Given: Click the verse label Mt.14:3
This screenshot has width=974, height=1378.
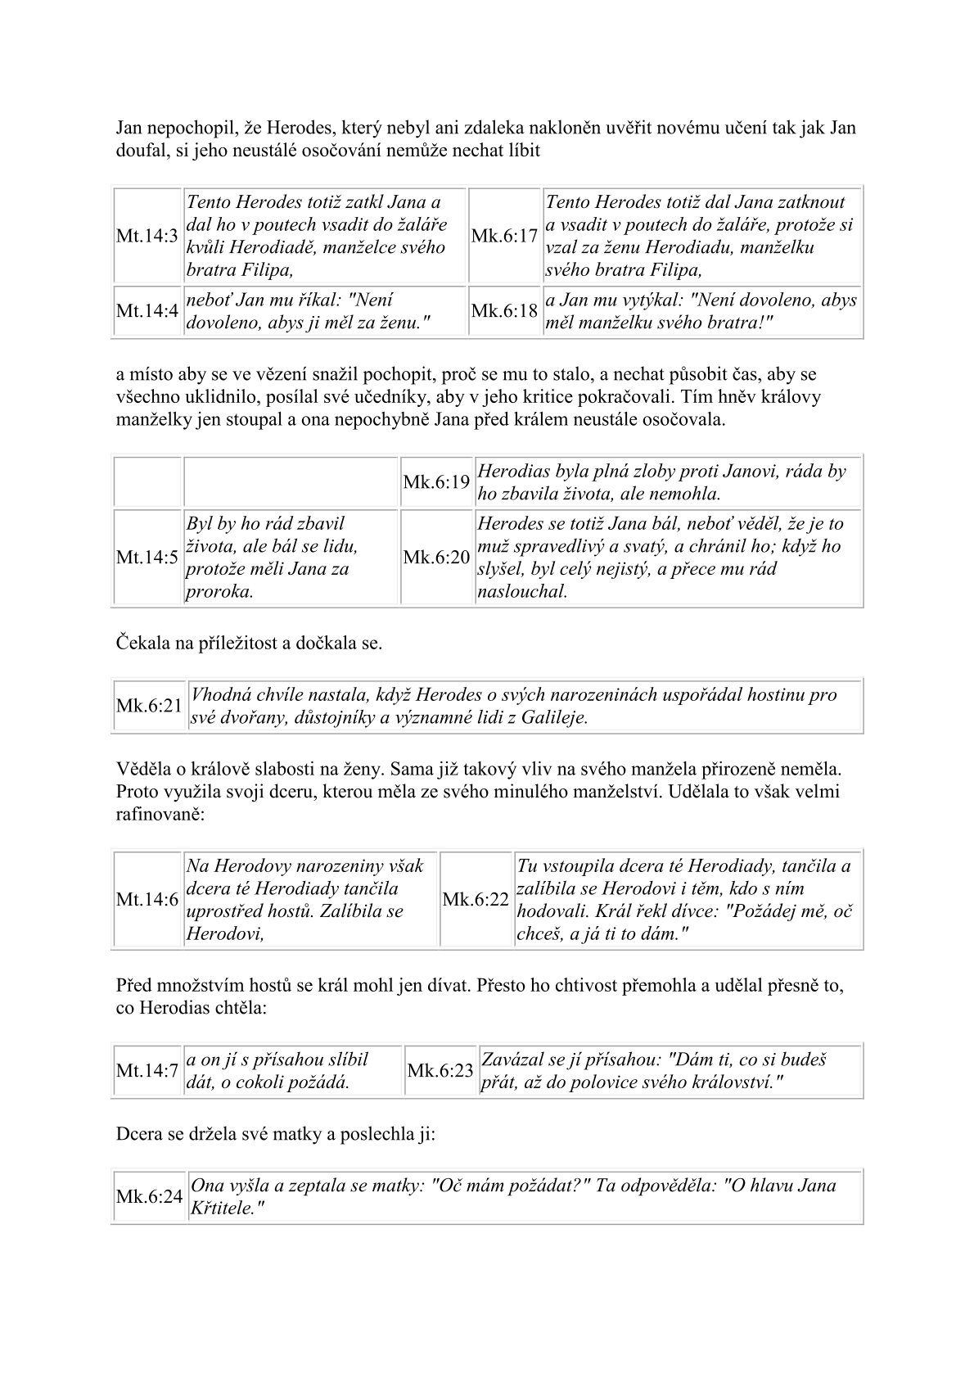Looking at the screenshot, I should [147, 236].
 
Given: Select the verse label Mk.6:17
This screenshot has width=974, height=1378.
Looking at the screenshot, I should [505, 236].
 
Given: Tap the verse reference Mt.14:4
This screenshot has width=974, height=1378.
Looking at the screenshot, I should [147, 311].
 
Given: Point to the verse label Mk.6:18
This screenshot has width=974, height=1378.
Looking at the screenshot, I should [505, 311].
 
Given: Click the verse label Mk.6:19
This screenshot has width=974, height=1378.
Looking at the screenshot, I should [436, 482].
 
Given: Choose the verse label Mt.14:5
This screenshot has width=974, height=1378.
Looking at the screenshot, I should [147, 558].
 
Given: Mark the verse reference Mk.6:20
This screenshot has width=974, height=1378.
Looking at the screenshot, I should [436, 558].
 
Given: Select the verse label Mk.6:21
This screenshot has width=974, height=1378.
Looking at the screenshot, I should [149, 706].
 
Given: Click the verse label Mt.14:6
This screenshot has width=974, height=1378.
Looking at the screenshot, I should [147, 900].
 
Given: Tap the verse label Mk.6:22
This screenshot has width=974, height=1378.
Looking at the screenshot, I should [476, 900].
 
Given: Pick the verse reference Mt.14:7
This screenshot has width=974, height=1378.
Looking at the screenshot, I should [147, 1071].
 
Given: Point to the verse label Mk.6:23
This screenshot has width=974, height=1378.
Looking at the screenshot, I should [440, 1071].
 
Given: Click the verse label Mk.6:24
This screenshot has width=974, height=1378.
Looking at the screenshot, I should [149, 1197].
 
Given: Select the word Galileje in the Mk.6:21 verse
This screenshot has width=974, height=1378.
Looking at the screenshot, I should [554, 718].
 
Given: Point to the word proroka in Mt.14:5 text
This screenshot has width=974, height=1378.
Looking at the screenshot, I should [219, 591].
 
